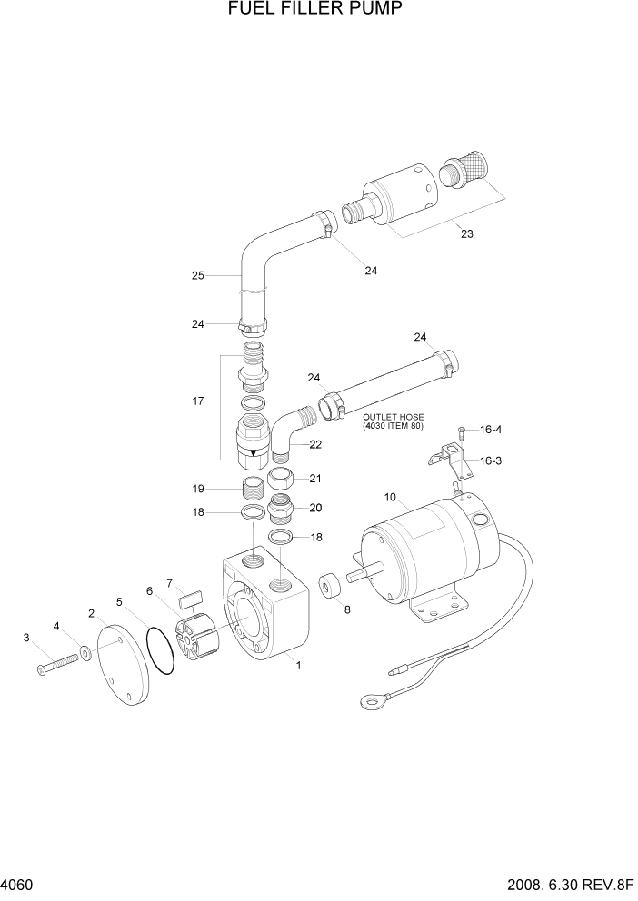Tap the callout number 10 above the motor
390,497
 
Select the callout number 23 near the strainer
466,233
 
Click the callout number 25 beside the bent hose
197,274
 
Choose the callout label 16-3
491,460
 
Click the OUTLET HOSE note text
394,422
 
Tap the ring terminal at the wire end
371,700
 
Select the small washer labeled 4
85,651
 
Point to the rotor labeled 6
198,636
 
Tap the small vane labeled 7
190,599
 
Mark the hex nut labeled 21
281,480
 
